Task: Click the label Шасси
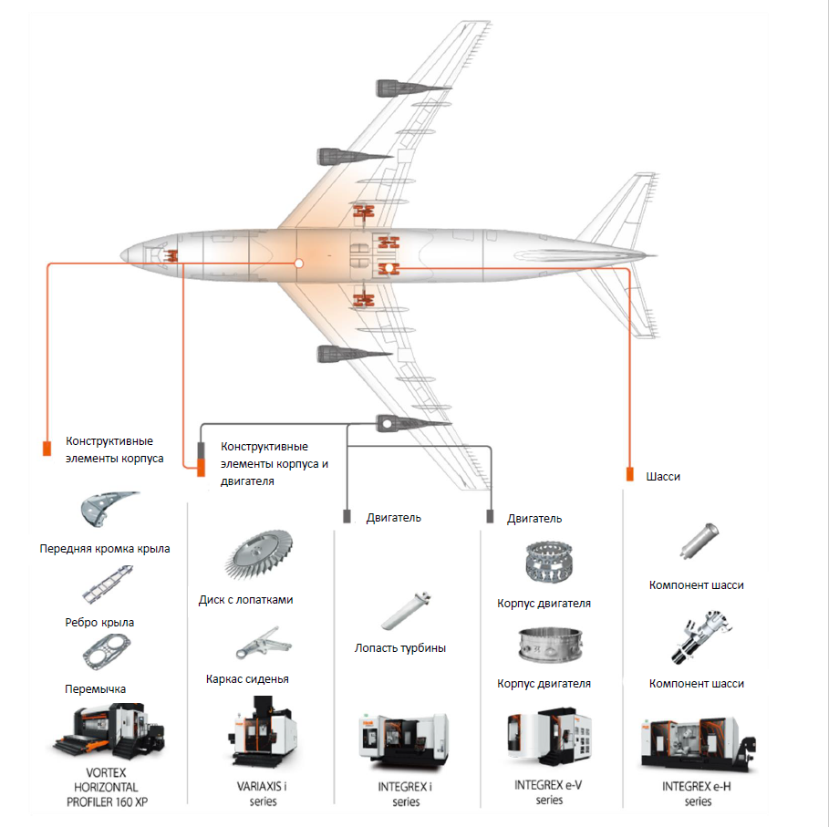click(663, 476)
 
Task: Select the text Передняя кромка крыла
click(105, 549)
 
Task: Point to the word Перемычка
click(96, 688)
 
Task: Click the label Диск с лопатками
click(246, 600)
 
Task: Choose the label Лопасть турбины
click(400, 648)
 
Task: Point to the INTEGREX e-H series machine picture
click(698, 739)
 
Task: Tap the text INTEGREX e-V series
click(549, 792)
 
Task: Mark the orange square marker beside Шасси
click(630, 475)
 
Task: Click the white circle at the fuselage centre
click(298, 264)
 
